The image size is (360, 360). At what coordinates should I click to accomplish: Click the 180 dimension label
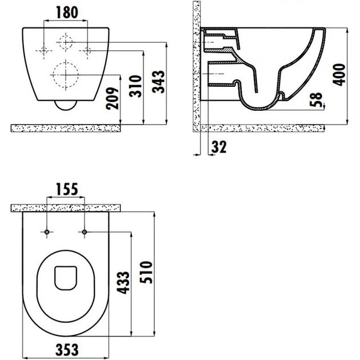(x=67, y=13)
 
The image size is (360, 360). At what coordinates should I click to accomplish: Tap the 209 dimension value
(x=113, y=98)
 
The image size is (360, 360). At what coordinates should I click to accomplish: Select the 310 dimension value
(x=135, y=86)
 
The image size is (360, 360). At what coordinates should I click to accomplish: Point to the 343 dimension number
(x=158, y=82)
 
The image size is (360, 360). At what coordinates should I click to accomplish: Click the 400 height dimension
(x=339, y=75)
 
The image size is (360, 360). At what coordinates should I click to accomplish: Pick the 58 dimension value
(x=316, y=99)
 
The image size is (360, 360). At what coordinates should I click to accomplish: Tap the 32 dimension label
(x=219, y=147)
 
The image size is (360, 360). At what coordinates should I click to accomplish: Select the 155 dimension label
(x=67, y=189)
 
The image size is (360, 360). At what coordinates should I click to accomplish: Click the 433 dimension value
(x=123, y=283)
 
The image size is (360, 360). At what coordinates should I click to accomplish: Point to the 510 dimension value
(x=146, y=273)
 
